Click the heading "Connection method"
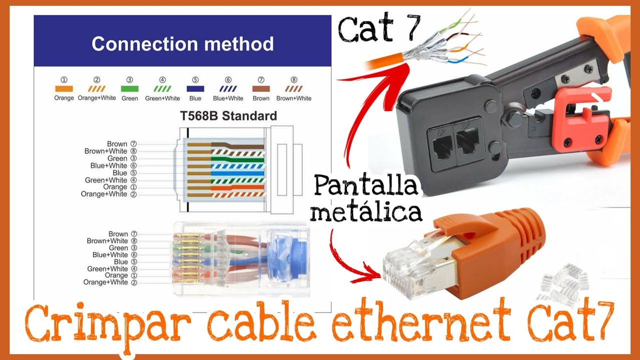pos(182,44)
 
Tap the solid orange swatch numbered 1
pos(64,88)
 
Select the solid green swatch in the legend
pos(129,88)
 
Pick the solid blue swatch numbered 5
pos(195,88)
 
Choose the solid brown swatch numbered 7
pos(261,88)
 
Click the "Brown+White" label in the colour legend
pos(293,98)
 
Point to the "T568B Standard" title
pos(228,116)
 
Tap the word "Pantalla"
pos(366,187)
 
